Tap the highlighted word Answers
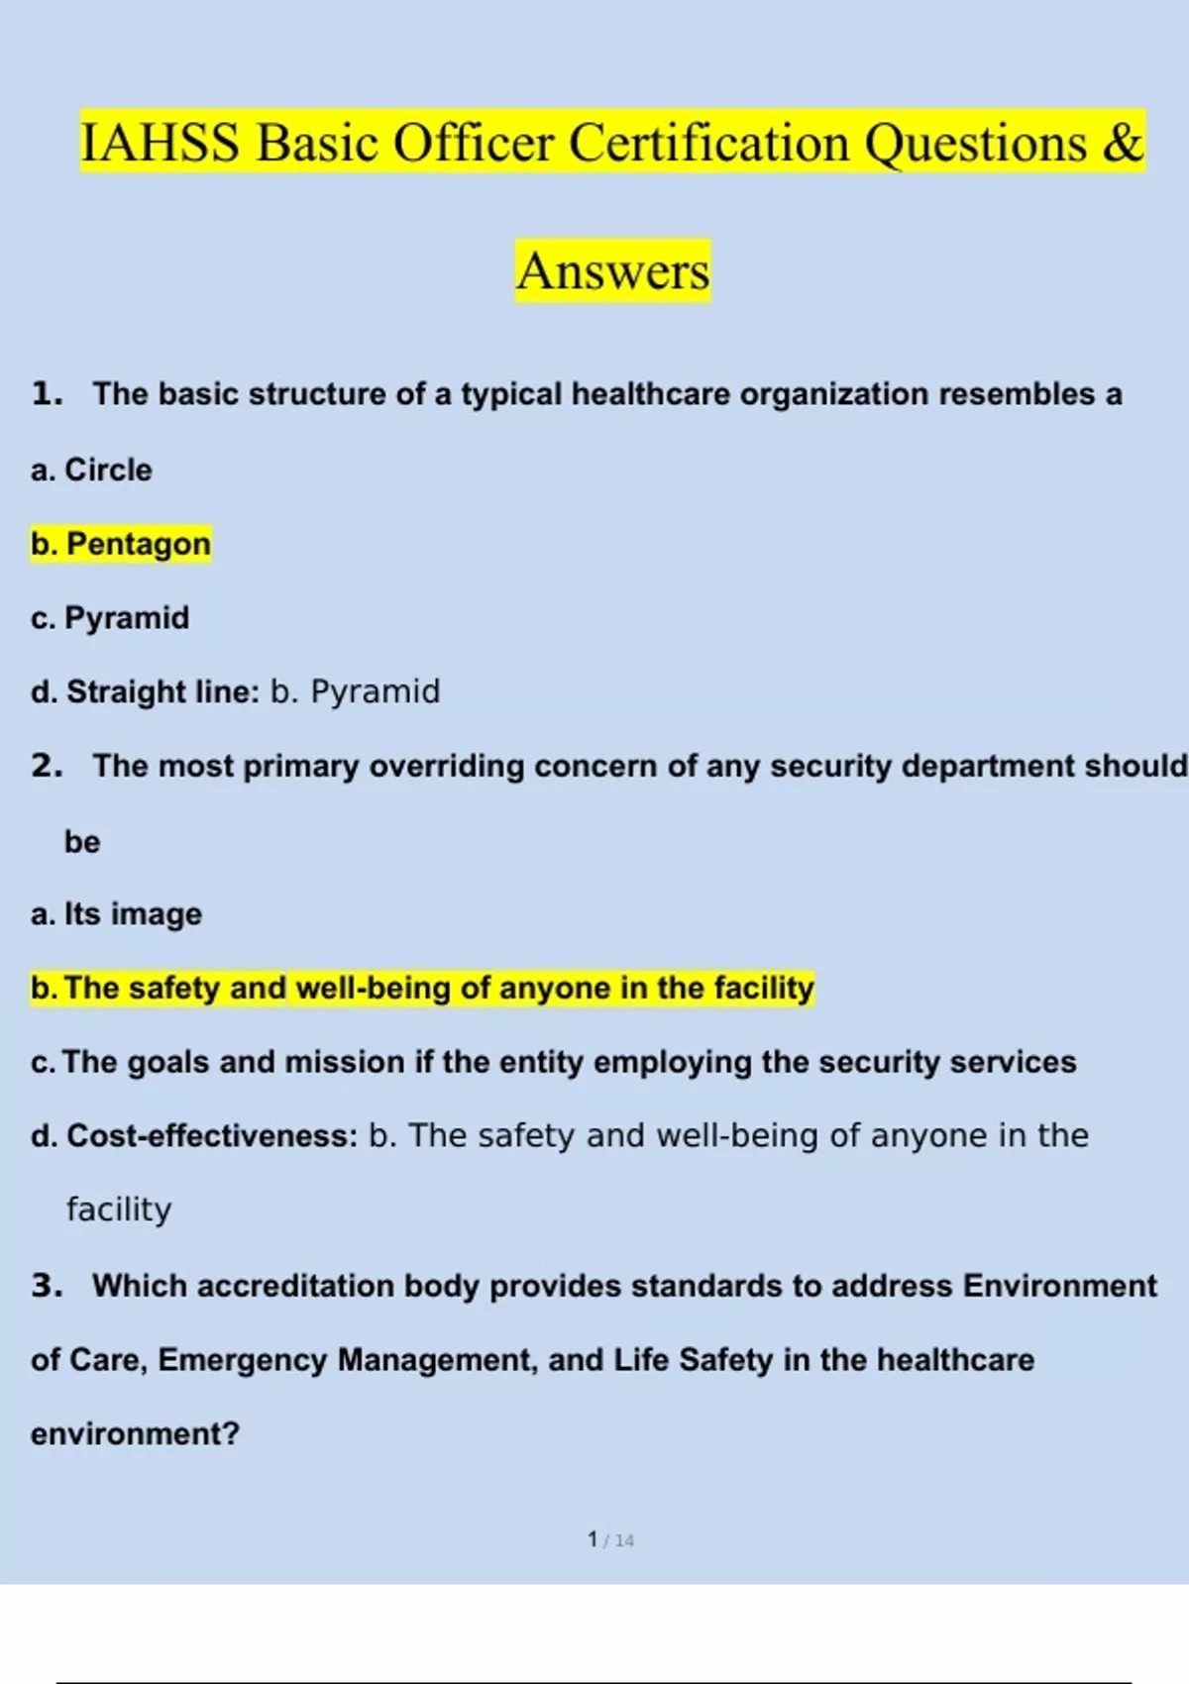point(613,270)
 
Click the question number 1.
point(47,394)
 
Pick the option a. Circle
point(91,470)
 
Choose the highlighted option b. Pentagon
point(121,544)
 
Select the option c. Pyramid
point(110,618)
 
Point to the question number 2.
point(47,766)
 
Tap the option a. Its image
point(116,913)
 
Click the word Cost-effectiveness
point(211,1135)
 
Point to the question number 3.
point(47,1286)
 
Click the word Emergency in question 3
point(242,1360)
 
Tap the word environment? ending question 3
point(135,1434)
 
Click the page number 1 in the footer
point(593,1539)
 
